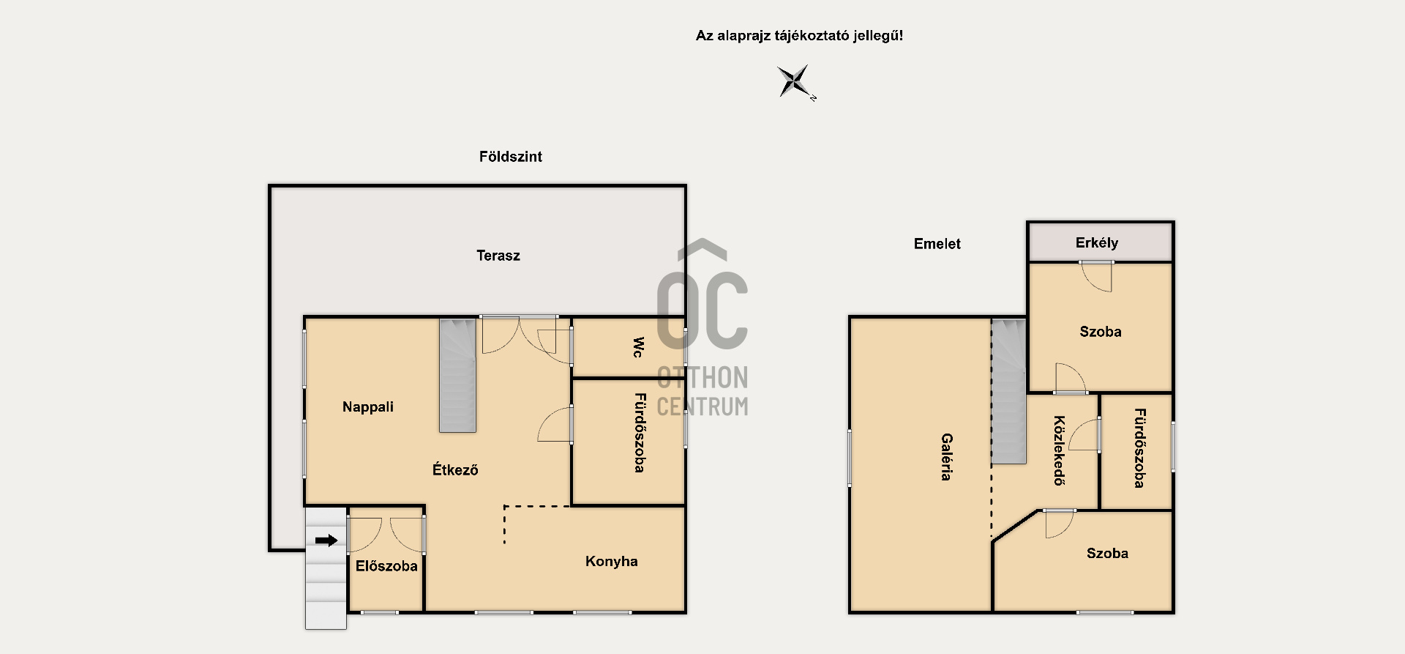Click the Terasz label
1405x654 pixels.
click(x=498, y=256)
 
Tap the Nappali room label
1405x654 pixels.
click(x=368, y=406)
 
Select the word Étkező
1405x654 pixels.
click(x=455, y=469)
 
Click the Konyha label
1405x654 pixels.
click(x=612, y=562)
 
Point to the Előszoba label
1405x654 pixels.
click(x=386, y=566)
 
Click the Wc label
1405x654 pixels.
click(x=638, y=347)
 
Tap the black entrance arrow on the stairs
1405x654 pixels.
click(x=326, y=540)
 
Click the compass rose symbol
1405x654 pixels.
click(x=795, y=81)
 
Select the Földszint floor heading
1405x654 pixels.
click(x=511, y=157)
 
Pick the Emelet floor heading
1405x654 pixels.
click(x=937, y=244)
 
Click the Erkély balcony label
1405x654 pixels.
click(x=1097, y=243)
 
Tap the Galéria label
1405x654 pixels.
click(x=946, y=457)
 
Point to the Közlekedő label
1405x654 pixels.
click(x=1059, y=451)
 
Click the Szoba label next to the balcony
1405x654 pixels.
click(x=1101, y=332)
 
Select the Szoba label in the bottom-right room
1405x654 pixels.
click(x=1107, y=554)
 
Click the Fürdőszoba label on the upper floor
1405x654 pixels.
click(x=1139, y=448)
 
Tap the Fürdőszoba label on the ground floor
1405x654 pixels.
click(x=639, y=433)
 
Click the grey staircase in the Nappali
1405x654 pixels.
click(x=457, y=375)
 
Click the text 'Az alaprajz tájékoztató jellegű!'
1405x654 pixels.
click(x=799, y=36)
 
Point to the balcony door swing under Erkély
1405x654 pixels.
click(x=1097, y=276)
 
